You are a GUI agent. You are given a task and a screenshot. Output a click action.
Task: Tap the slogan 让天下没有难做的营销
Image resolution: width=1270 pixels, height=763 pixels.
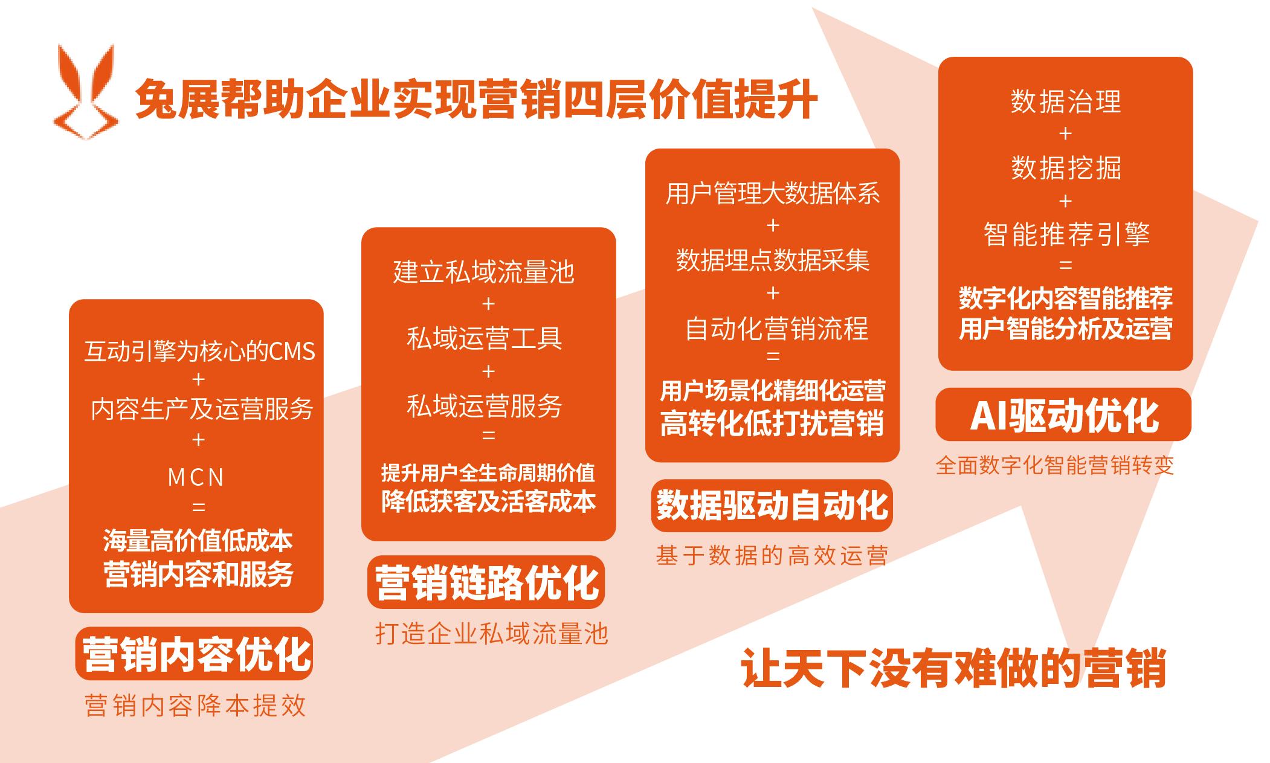(x=953, y=668)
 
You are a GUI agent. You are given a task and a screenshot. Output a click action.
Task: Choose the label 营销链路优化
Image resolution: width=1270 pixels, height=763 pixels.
(x=486, y=582)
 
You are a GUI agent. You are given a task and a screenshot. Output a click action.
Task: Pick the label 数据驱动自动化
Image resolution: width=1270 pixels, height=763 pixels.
(x=772, y=505)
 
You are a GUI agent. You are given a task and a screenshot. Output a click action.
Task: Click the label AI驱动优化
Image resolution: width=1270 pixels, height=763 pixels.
(x=1064, y=415)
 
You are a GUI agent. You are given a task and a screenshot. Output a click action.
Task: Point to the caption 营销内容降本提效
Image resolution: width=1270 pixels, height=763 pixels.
(x=196, y=706)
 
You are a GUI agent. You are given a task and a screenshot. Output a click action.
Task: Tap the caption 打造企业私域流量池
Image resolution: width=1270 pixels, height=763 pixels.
(x=491, y=634)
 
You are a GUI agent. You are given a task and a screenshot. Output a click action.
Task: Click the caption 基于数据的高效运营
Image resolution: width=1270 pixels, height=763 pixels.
(x=772, y=555)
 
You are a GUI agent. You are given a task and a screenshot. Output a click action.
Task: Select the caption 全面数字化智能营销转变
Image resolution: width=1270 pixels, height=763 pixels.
(x=1055, y=465)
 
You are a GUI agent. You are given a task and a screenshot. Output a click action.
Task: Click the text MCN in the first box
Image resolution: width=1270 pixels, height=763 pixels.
(x=196, y=478)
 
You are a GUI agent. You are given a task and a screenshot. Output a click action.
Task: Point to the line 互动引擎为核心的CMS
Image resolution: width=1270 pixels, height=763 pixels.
(x=200, y=351)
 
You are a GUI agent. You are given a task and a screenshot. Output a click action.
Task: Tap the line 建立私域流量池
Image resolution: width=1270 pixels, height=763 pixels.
(x=484, y=272)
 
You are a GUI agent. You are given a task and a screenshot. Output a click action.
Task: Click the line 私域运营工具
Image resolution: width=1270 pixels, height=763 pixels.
(x=484, y=338)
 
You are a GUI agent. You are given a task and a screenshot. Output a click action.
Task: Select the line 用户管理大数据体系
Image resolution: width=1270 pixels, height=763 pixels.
(x=773, y=193)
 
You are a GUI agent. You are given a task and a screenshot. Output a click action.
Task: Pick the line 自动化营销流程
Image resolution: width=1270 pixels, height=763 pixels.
(x=777, y=329)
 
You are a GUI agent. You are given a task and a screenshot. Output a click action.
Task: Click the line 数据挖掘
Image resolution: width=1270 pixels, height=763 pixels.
(x=1066, y=167)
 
